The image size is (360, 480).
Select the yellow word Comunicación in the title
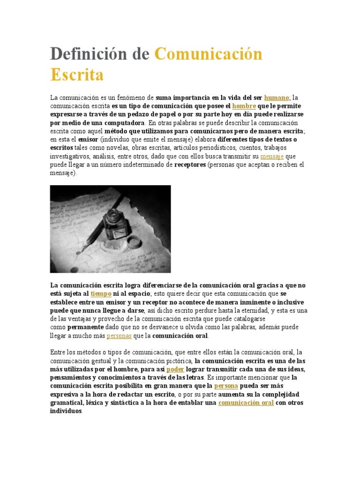[x=208, y=54]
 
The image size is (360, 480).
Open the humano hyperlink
[x=276, y=98]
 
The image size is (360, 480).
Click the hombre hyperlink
[x=244, y=106]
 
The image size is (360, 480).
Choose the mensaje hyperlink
[x=272, y=156]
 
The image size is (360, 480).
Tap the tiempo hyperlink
[x=101, y=293]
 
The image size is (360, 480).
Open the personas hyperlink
[x=119, y=336]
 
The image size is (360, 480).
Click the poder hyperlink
[x=175, y=369]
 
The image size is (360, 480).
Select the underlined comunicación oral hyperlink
[x=246, y=403]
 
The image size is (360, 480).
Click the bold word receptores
[x=190, y=165]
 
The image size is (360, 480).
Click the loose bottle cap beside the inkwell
[x=134, y=242]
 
